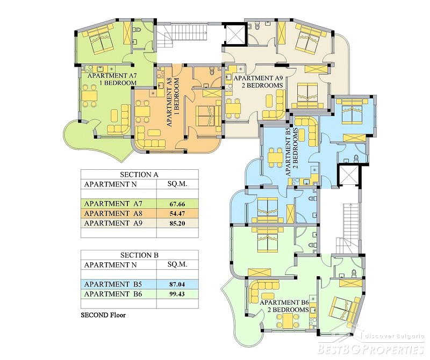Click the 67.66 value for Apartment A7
pos(177,204)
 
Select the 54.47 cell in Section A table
pos(177,214)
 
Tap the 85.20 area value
pos(177,224)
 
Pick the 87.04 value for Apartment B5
pos(177,284)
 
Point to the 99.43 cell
pos(177,294)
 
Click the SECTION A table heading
pos(139,175)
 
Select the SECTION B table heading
pos(139,255)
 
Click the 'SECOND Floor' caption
pos(103,315)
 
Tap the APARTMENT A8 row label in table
pos(113,213)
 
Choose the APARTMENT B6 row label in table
pos(113,294)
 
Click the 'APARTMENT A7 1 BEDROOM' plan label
pos(112,79)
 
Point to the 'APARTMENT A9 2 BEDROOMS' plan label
pos(258,82)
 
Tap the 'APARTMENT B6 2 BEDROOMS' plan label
pos(284,306)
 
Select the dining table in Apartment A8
pos(143,111)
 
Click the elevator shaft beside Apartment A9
pos(235,33)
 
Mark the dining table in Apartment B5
pos(275,157)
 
